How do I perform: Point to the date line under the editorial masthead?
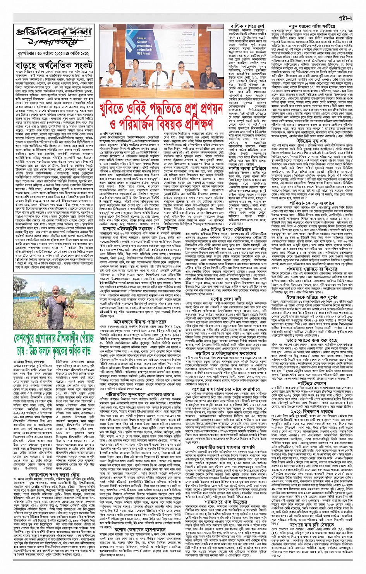[x=53, y=53]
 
